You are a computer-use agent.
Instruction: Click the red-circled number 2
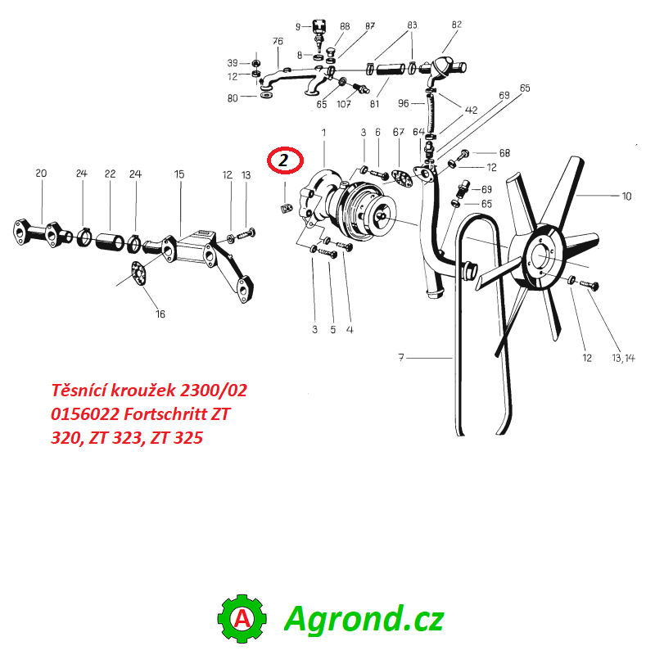[284, 161]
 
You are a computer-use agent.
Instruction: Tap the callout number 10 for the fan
[627, 196]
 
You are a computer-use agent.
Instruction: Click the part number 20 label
[41, 174]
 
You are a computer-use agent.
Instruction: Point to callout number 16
[160, 314]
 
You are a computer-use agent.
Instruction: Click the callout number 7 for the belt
[401, 357]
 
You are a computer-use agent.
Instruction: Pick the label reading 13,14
[623, 358]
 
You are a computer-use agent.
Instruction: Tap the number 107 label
[344, 104]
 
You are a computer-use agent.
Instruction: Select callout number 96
[403, 103]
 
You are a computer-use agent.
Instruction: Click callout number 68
[504, 153]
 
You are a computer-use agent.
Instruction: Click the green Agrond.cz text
[364, 619]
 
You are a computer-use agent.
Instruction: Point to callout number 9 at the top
[298, 27]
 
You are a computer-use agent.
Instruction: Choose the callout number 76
[278, 42]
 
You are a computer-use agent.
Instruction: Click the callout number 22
[110, 174]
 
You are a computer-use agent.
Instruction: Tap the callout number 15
[179, 174]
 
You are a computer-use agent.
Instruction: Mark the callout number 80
[233, 98]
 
